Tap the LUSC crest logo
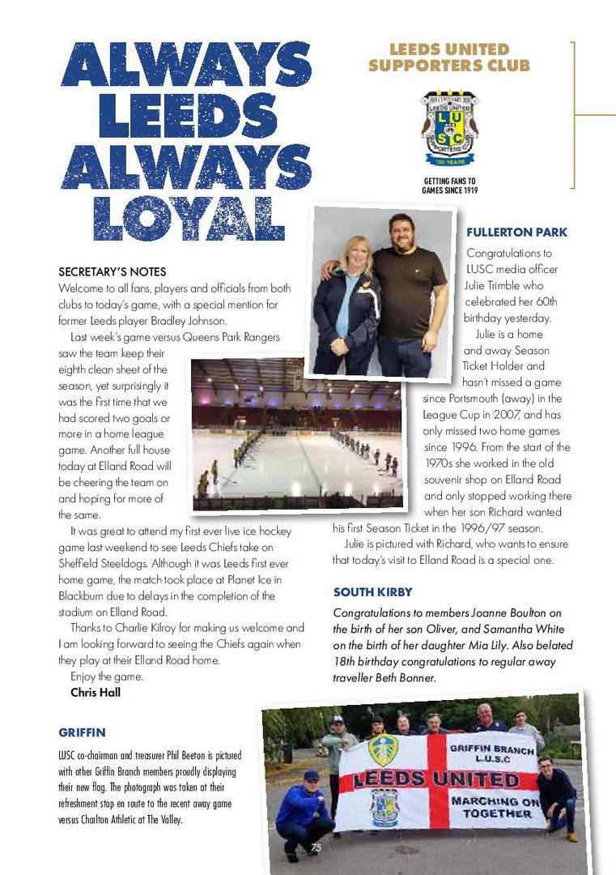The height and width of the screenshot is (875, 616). pos(449,127)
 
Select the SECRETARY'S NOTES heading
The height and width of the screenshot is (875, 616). pos(113,271)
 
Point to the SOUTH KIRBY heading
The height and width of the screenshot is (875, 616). pos(373,591)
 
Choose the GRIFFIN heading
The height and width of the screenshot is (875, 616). pos(82,732)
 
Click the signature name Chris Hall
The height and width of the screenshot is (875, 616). pos(96,692)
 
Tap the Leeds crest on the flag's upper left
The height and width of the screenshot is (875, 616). pos(383,749)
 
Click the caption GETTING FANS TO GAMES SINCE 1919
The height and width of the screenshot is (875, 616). pos(450,186)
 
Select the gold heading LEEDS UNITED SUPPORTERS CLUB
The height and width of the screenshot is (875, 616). pos(449,58)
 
